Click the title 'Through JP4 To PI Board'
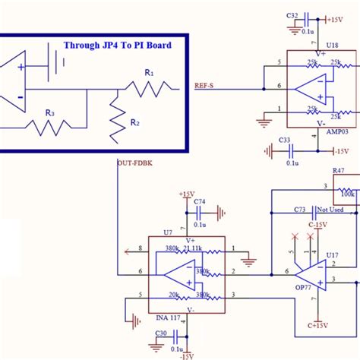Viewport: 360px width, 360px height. point(117,45)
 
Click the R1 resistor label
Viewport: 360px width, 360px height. point(150,73)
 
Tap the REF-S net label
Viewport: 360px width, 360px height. point(204,86)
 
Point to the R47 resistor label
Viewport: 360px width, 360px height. point(338,173)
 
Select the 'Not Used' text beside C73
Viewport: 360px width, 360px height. point(330,209)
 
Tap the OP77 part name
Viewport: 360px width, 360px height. point(302,289)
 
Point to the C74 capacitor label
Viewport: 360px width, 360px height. point(199,202)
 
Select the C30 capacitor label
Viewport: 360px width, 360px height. point(161,333)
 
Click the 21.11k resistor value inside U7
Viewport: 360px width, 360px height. point(193,248)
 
